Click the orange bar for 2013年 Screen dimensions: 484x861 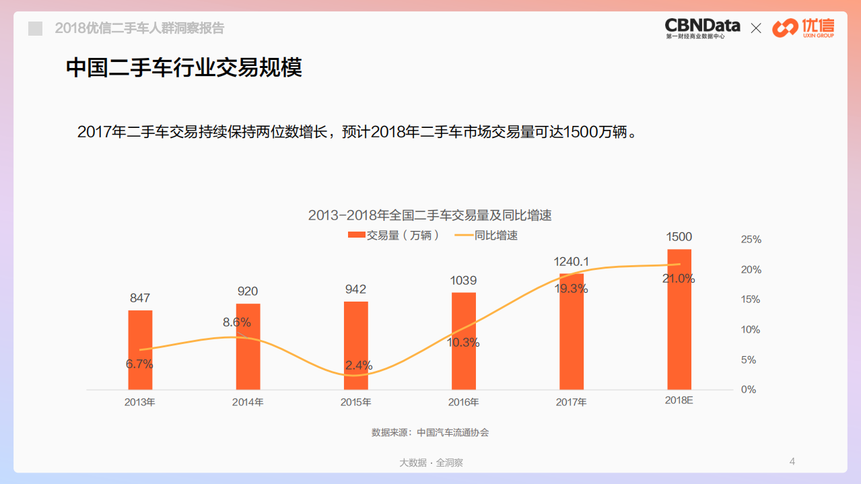click(140, 350)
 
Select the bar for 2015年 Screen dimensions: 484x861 click(355, 345)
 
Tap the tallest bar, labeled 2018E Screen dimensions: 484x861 click(679, 319)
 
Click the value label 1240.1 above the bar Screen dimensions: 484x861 click(572, 262)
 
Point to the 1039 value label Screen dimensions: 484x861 click(463, 281)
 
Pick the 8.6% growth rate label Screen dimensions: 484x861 click(237, 322)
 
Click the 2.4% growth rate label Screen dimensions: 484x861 click(358, 366)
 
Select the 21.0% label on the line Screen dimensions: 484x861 click(679, 279)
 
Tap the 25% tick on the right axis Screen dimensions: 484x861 click(751, 240)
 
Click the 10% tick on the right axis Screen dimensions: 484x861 click(751, 330)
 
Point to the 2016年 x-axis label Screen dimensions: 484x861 click(463, 403)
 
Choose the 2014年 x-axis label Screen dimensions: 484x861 click(248, 403)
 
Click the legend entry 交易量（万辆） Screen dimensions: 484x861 click(394, 235)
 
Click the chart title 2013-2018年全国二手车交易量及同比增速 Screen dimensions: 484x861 click(429, 215)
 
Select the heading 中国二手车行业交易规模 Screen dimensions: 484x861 click(184, 68)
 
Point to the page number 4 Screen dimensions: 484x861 click(792, 461)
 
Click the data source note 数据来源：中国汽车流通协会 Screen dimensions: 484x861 click(430, 432)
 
